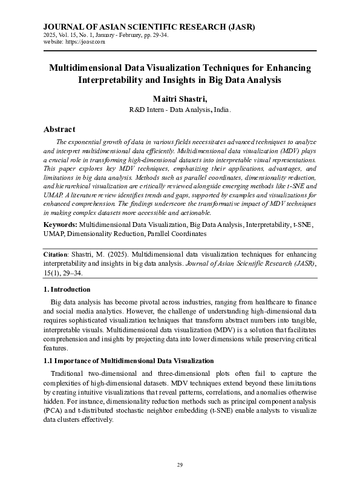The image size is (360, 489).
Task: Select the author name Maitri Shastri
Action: (179, 98)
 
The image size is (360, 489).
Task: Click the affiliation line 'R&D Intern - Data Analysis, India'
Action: (180, 110)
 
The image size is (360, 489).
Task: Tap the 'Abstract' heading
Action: (59, 129)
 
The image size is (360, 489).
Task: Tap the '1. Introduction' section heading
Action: (67, 289)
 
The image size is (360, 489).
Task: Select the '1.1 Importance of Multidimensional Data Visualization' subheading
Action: (129, 360)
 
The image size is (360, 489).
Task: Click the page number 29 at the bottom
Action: (180, 464)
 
